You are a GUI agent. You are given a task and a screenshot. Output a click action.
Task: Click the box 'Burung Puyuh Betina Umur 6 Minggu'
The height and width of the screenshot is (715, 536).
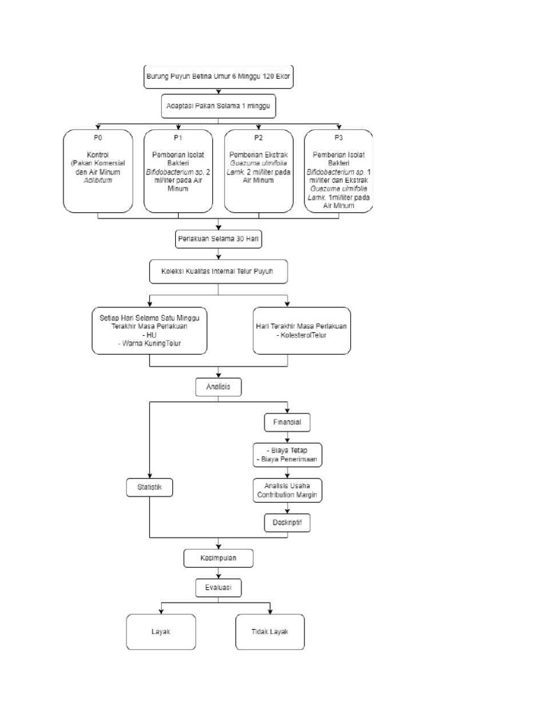(x=218, y=76)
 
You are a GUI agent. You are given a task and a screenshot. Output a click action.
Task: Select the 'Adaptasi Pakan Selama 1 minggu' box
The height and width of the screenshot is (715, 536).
(x=218, y=108)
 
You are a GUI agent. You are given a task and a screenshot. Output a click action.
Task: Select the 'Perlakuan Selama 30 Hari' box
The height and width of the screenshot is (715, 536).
(x=218, y=239)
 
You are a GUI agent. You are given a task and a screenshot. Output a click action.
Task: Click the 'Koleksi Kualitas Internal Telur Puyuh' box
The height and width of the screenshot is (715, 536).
(x=218, y=272)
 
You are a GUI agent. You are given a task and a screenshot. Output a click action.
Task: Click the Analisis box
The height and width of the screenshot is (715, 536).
(x=218, y=385)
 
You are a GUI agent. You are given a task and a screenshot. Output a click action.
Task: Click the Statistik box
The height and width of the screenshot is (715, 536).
(x=149, y=487)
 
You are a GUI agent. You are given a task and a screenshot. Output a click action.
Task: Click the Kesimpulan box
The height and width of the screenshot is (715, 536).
(x=218, y=559)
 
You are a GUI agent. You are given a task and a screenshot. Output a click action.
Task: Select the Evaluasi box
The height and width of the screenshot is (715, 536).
(x=218, y=589)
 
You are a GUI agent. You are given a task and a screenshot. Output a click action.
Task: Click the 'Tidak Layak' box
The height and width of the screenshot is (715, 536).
(x=269, y=632)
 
